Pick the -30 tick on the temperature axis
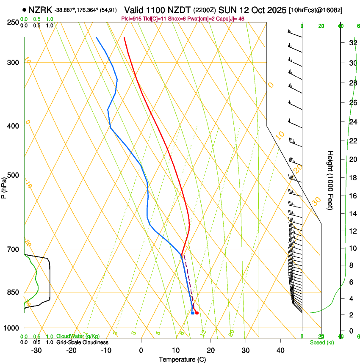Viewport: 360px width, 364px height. [36, 350]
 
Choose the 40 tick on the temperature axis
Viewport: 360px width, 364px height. [280, 350]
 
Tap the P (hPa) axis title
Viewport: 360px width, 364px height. [4, 187]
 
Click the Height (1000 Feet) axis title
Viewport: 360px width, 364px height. [330, 180]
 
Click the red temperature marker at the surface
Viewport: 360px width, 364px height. [197, 313]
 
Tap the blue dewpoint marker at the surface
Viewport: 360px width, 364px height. [193, 313]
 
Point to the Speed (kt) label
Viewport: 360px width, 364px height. [321, 342]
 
